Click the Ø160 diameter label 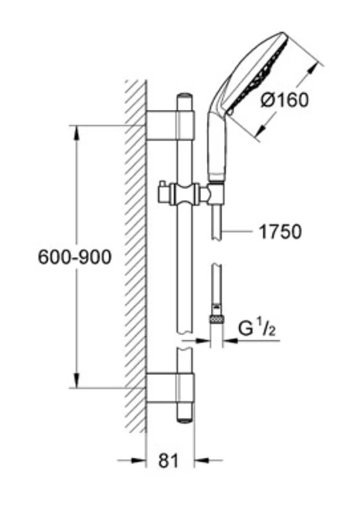pos(284,100)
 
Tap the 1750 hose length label pos(280,231)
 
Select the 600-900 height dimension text pos(75,257)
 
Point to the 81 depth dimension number pos(169,460)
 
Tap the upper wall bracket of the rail pos(171,126)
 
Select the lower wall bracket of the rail pos(171,388)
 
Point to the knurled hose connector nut pos(216,319)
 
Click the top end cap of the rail pos(185,96)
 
